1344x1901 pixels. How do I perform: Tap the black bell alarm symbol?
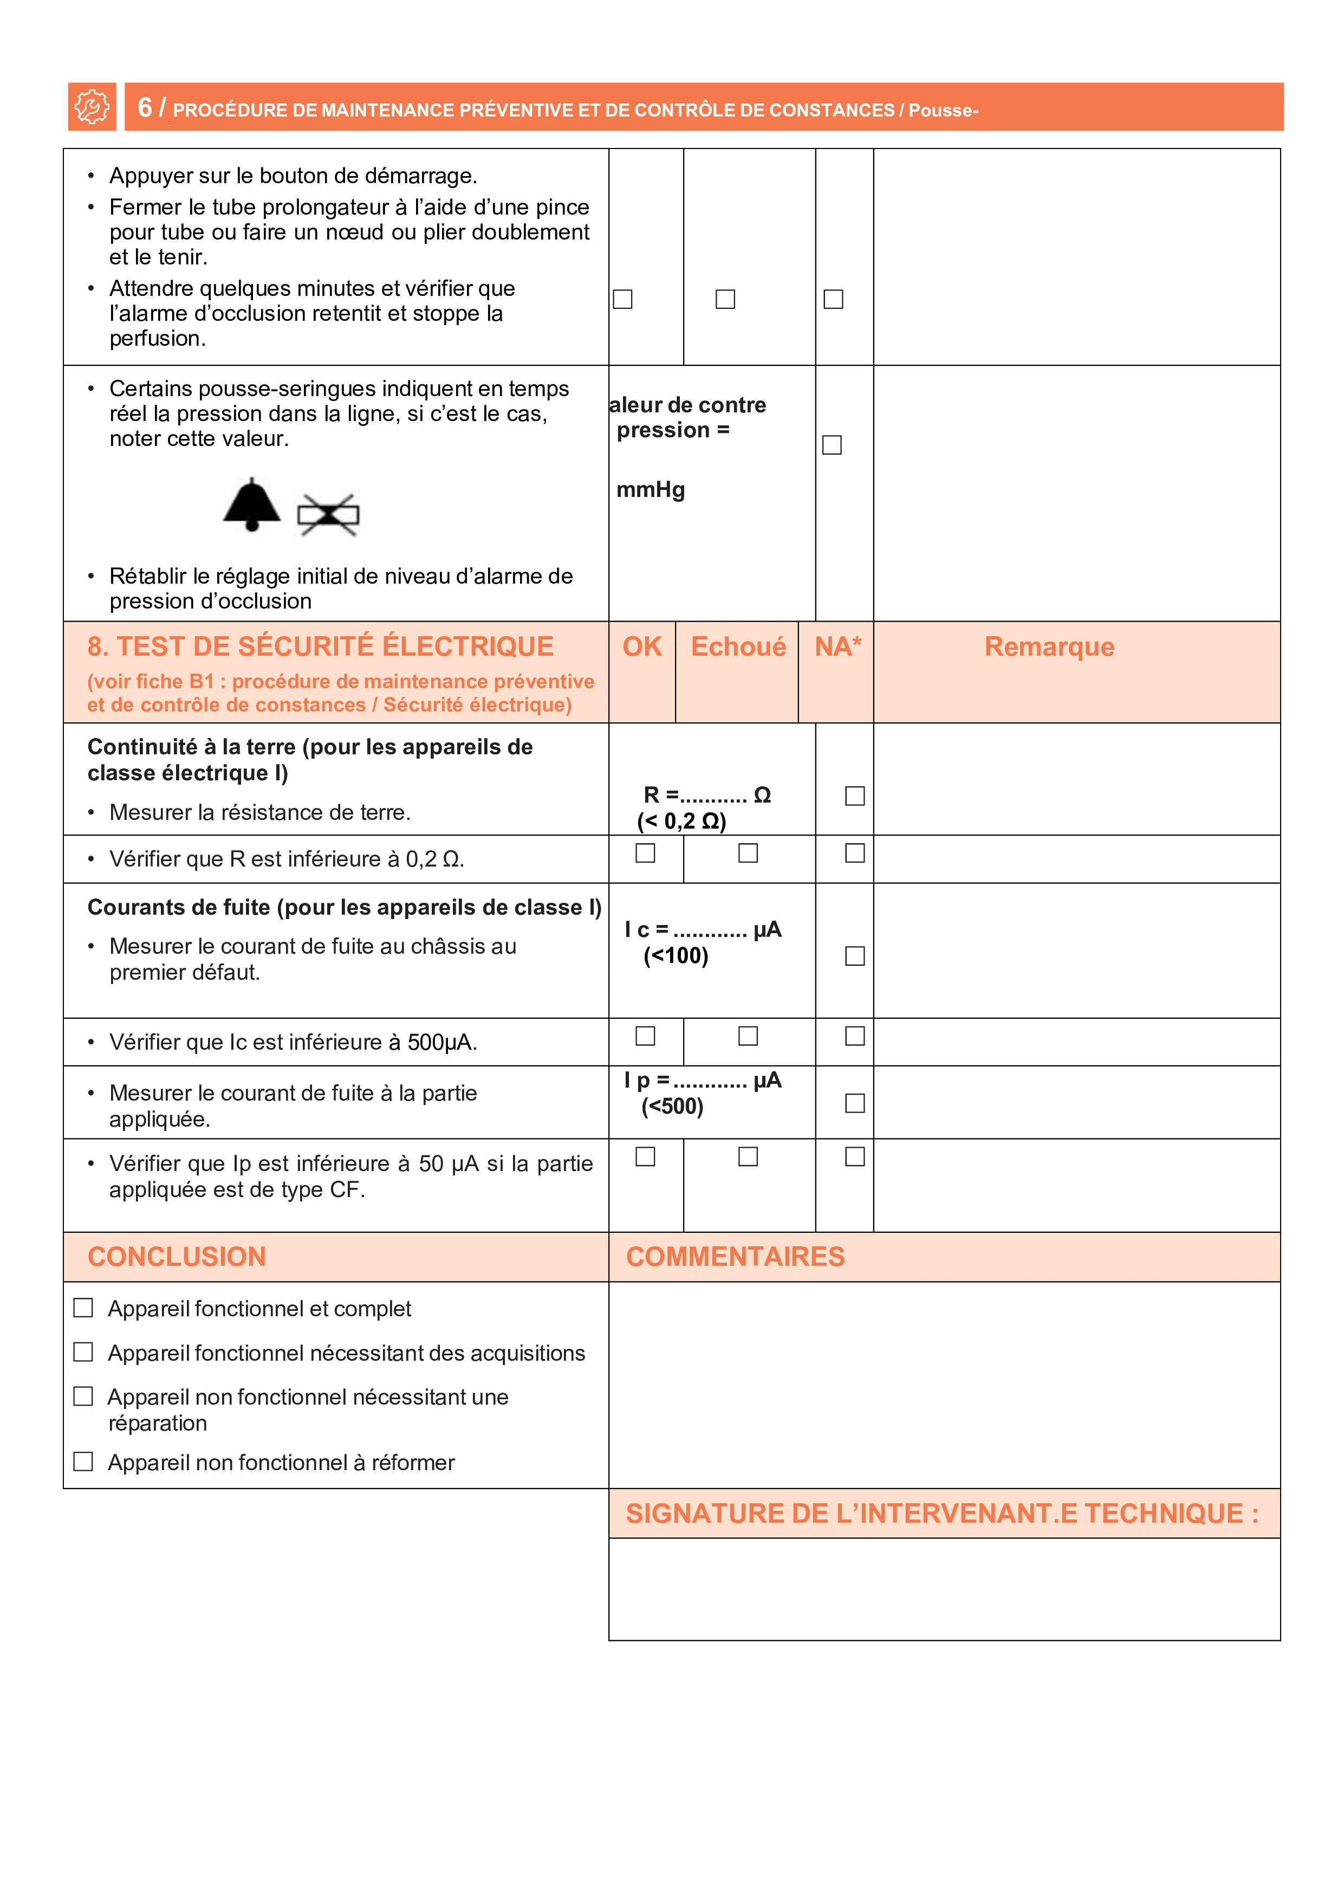point(251,504)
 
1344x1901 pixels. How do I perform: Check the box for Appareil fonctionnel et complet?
point(83,1308)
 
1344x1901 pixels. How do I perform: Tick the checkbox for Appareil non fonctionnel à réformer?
point(83,1462)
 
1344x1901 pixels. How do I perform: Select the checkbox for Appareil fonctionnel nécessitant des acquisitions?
point(83,1352)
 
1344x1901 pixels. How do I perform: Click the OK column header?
point(642,646)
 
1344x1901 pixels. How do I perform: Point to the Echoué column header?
point(738,646)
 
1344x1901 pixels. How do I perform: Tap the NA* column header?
point(837,646)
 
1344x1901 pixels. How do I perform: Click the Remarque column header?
point(1049,646)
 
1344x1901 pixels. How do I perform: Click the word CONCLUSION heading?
point(177,1257)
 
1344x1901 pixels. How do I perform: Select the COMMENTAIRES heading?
point(735,1257)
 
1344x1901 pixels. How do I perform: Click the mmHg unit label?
point(651,490)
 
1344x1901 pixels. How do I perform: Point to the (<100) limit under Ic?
point(676,956)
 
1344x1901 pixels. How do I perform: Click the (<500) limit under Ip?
point(672,1107)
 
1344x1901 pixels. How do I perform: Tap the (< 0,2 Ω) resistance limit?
point(681,822)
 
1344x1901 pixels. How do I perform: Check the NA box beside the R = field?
point(855,796)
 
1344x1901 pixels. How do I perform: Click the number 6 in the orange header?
point(145,108)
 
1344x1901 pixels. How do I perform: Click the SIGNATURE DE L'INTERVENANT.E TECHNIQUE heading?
point(942,1514)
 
